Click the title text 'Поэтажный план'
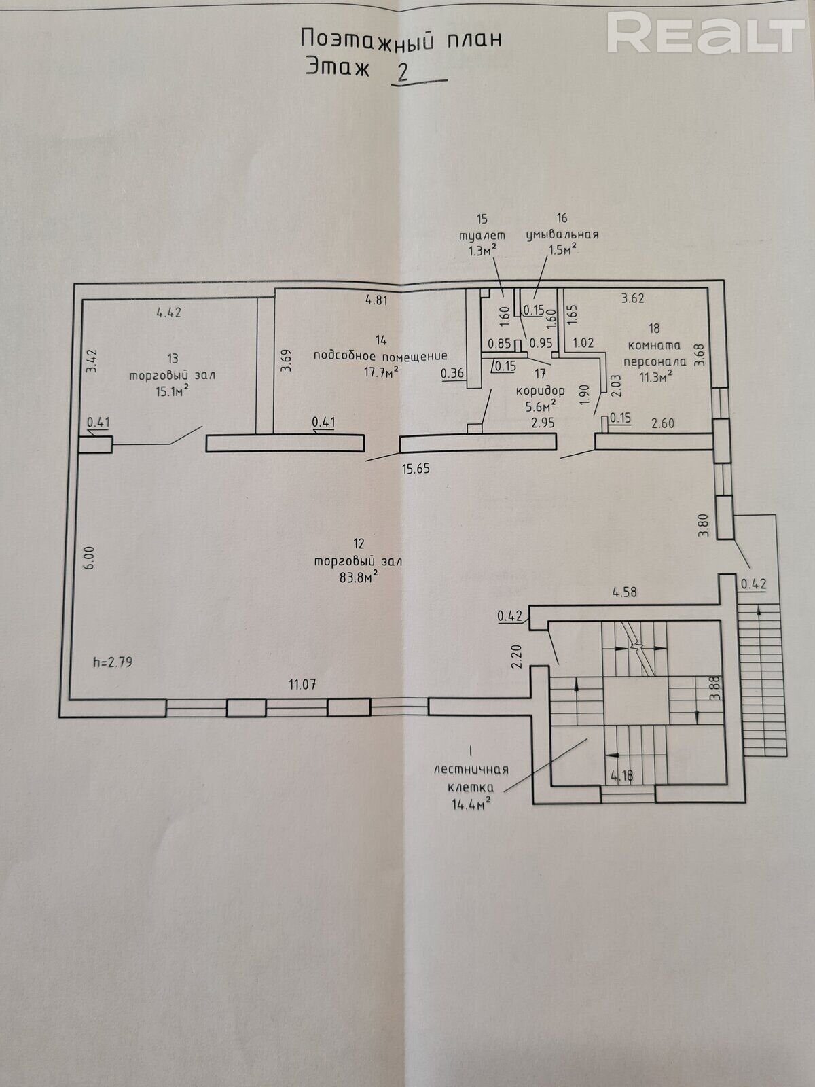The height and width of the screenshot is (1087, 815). (401, 38)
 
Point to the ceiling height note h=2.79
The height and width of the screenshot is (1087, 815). (112, 660)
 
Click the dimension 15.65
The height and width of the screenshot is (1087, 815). (416, 468)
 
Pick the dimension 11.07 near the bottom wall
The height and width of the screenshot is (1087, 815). (304, 684)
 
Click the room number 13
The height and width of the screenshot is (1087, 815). (173, 358)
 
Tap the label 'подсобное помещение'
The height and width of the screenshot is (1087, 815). (380, 355)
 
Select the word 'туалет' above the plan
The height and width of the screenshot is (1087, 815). (483, 234)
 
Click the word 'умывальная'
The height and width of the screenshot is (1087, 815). (562, 234)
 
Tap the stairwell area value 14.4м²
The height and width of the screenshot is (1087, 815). (472, 802)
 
